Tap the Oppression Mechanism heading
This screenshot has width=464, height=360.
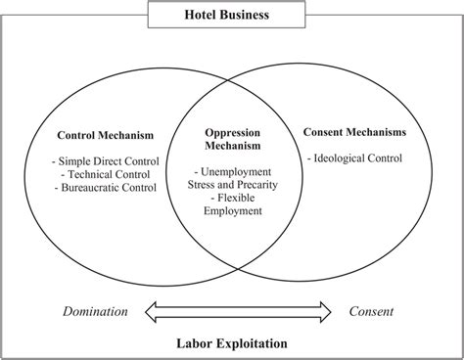[232, 140]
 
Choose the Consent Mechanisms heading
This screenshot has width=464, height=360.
[355, 130]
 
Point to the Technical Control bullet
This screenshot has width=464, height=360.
[106, 173]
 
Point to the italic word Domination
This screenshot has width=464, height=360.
[95, 312]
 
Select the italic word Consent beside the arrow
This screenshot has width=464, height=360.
[372, 312]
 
